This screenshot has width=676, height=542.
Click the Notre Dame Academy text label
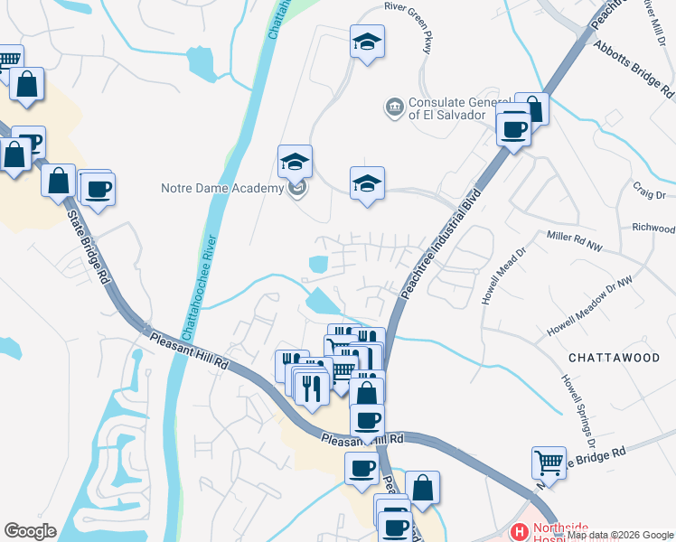click(221, 189)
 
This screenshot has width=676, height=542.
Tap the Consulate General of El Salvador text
click(454, 108)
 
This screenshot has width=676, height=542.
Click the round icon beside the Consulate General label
click(394, 107)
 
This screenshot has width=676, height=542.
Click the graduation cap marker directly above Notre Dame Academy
click(295, 162)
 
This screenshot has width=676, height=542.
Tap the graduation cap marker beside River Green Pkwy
click(367, 42)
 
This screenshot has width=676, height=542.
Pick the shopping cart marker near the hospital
click(549, 463)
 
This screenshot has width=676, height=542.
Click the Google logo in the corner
click(30, 531)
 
